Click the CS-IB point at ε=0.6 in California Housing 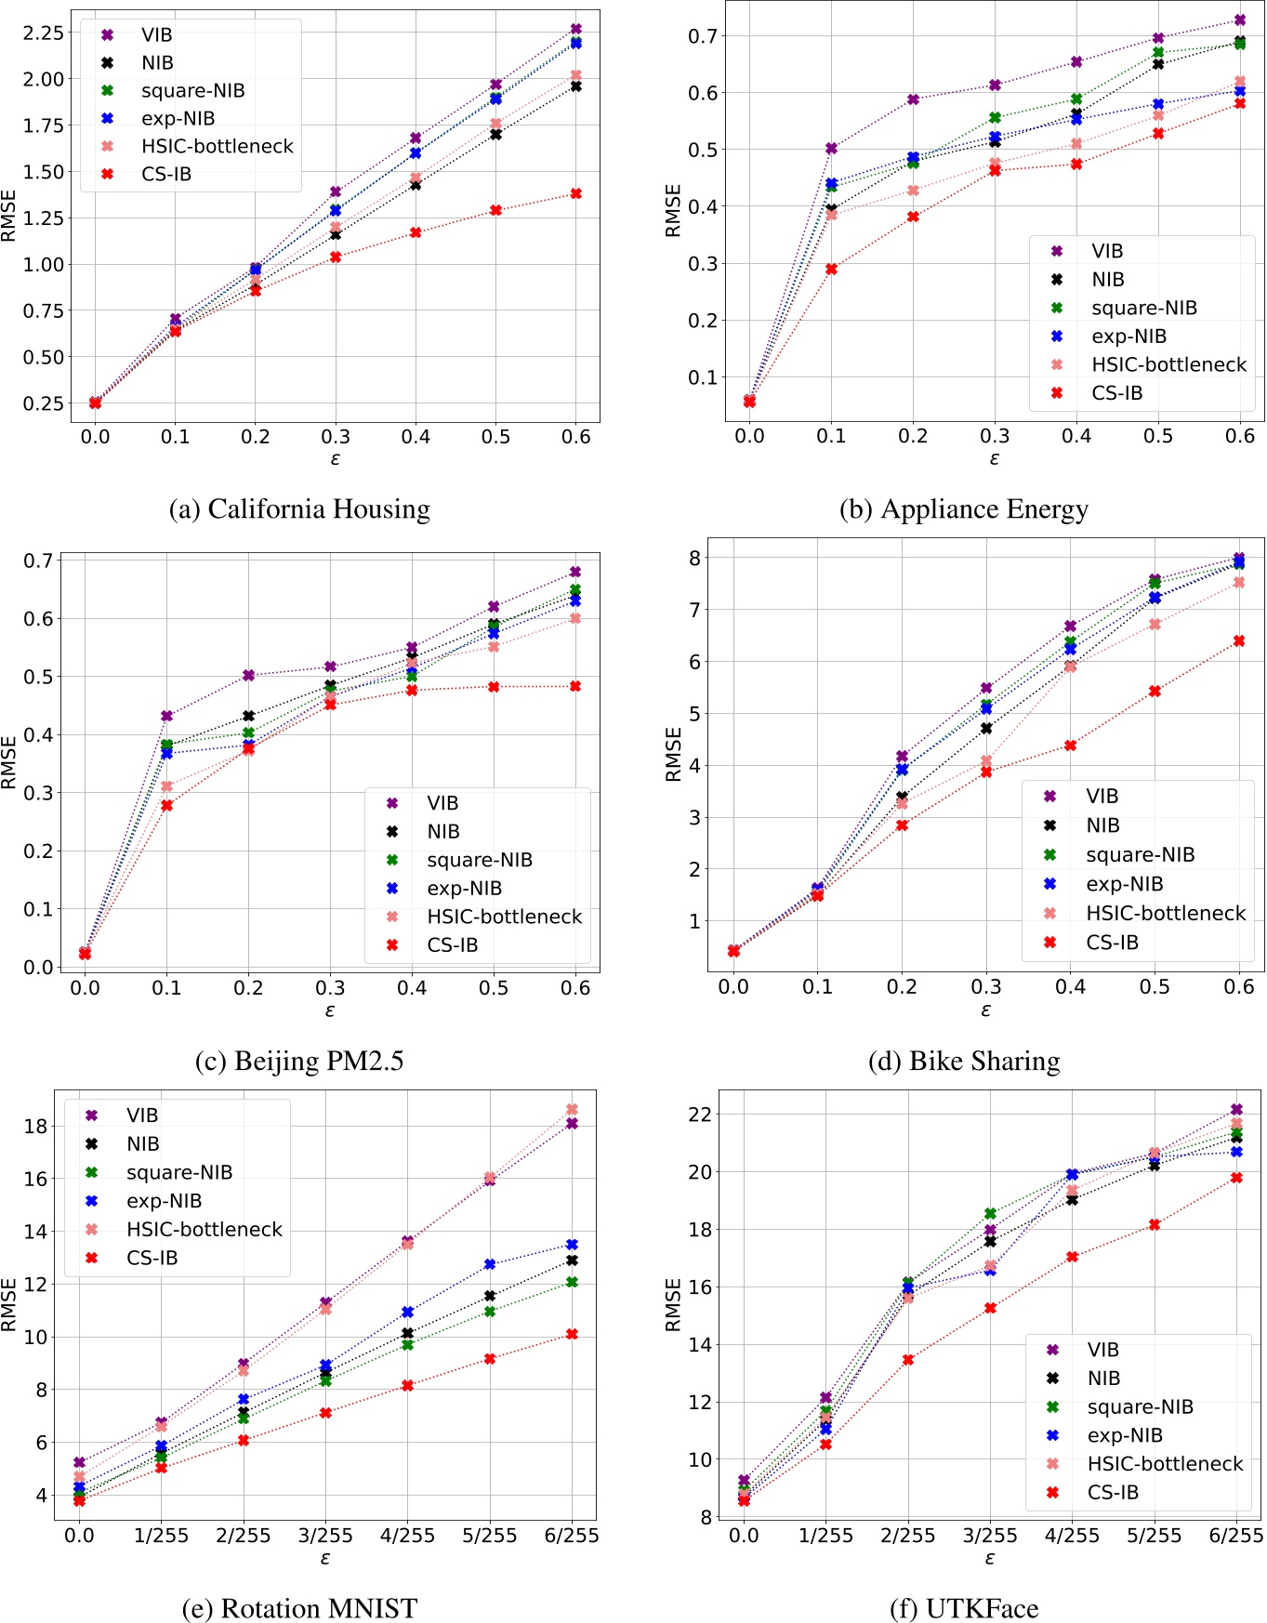(x=576, y=193)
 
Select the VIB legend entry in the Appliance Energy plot (x=1106, y=251)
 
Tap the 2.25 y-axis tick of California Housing (x=44, y=33)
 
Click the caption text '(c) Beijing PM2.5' (x=299, y=1061)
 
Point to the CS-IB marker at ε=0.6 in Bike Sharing (x=1239, y=640)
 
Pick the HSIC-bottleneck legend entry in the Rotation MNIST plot (x=204, y=1229)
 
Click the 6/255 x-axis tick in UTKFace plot (x=1235, y=1536)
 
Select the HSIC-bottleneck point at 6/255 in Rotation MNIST (x=573, y=1109)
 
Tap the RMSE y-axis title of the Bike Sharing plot (x=674, y=754)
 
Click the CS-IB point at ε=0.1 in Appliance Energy (x=831, y=269)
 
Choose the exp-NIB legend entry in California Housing (x=178, y=118)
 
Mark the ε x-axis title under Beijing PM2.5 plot (x=330, y=1010)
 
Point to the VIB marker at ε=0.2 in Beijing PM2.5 (x=248, y=675)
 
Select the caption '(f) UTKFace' (x=964, y=1608)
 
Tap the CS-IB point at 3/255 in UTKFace (x=990, y=1308)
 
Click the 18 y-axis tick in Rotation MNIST (x=35, y=1126)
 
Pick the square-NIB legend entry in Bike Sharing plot (x=1140, y=854)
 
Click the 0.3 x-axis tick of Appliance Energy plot (x=995, y=436)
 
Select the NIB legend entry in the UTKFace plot (x=1103, y=1378)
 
